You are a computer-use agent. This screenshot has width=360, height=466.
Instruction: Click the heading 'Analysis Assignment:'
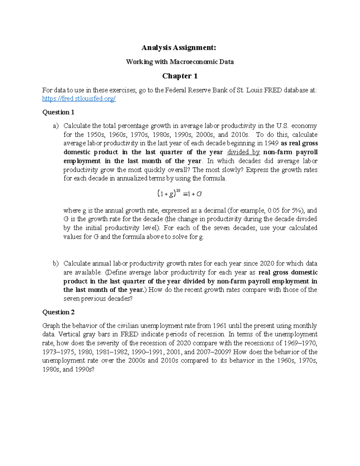(179, 47)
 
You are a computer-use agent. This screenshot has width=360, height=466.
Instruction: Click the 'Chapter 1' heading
(180, 76)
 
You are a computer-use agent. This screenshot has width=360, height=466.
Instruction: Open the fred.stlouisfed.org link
(79, 99)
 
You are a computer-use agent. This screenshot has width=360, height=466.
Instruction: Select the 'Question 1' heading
(58, 112)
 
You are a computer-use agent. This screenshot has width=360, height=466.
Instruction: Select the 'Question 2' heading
(58, 312)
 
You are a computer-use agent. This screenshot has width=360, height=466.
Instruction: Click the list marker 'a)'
(56, 126)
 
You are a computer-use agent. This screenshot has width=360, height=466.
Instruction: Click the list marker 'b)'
(56, 263)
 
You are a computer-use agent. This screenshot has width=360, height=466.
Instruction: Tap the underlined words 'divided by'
(243, 152)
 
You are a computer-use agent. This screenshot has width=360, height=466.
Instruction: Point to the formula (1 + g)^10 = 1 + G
(179, 194)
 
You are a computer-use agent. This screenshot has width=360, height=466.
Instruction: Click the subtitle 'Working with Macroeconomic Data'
(180, 62)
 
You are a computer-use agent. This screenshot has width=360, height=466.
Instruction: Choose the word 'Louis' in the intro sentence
(254, 90)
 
